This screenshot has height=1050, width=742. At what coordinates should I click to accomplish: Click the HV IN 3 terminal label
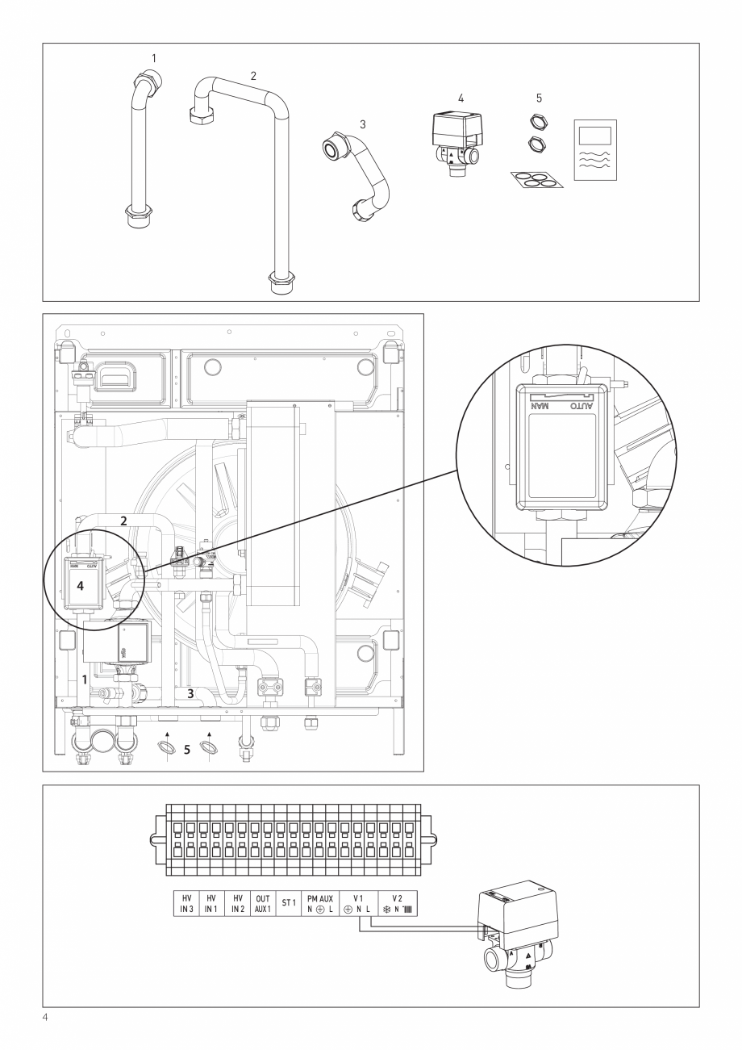click(187, 903)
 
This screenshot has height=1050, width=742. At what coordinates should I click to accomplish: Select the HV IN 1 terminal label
click(212, 903)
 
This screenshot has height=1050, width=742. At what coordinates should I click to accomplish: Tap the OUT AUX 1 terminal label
click(263, 903)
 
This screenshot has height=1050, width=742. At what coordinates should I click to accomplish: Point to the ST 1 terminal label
click(289, 903)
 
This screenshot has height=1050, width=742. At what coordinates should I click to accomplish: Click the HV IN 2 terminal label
click(238, 903)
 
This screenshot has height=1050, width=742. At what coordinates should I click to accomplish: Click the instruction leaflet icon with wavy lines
click(595, 150)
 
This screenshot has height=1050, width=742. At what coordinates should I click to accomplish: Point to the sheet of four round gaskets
click(536, 178)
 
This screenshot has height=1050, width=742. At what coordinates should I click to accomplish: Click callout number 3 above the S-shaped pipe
click(363, 124)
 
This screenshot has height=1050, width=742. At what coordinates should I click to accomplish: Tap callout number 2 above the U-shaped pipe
click(253, 75)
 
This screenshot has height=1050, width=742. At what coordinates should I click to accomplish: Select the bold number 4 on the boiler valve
click(80, 587)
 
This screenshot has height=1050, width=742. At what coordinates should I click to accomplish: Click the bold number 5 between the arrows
click(186, 750)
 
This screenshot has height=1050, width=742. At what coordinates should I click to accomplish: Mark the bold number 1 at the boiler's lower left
click(84, 680)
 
